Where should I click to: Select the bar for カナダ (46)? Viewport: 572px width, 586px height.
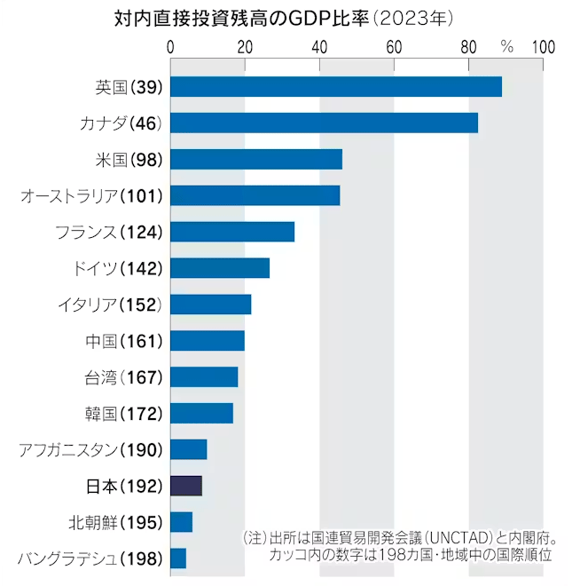click(324, 123)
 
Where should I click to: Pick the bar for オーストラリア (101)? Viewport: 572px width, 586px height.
click(255, 195)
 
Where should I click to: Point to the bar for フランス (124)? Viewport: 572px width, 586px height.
click(231, 232)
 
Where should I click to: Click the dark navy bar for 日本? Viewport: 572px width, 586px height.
click(186, 486)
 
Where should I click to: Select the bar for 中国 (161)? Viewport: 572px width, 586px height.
click(207, 341)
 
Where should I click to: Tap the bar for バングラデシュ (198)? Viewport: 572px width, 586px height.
click(177, 558)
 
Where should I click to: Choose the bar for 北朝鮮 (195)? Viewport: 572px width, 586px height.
click(181, 522)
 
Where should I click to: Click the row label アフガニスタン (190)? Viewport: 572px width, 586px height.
click(90, 450)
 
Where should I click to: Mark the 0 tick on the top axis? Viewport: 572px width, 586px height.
click(170, 47)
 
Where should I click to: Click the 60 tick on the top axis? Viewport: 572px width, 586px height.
click(394, 47)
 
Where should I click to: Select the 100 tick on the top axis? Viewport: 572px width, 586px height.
click(543, 47)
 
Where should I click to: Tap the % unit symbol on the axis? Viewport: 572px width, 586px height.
click(506, 47)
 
